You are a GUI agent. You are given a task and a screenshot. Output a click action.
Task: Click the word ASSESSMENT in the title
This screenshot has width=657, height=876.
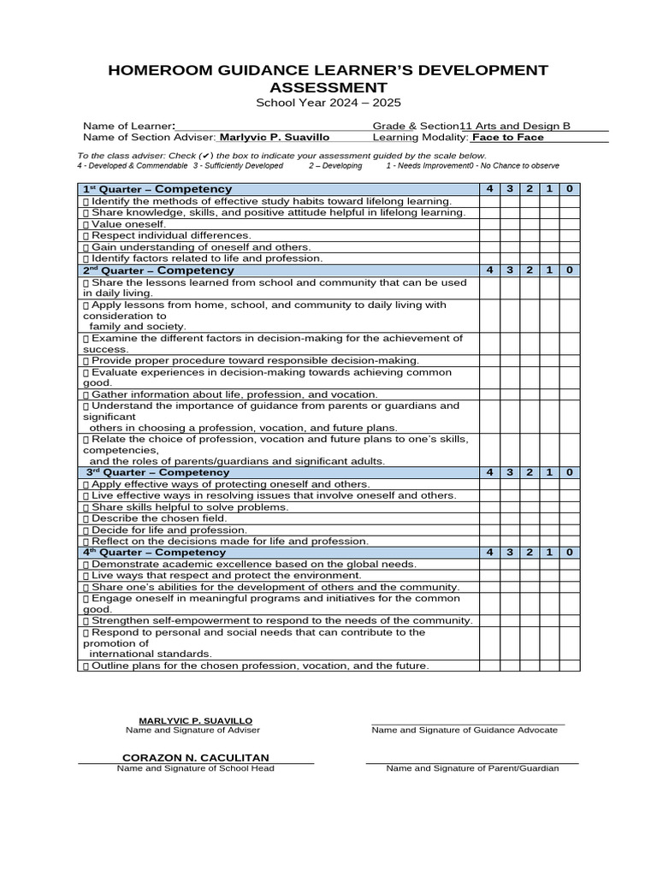pos(328,87)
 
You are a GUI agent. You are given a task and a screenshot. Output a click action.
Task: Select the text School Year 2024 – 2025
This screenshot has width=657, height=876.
pos(328,103)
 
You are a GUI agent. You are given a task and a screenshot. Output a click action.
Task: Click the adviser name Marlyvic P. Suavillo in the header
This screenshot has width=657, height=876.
pos(275,137)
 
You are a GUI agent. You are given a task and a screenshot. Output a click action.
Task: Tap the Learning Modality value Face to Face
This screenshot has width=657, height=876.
pos(508,137)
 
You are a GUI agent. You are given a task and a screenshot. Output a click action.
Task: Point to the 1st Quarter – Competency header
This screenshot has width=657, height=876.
pos(157,189)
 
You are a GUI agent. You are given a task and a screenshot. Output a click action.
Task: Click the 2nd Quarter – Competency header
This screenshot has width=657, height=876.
pos(157,270)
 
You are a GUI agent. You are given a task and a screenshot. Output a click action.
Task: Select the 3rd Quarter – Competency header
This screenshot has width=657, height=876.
pos(157,472)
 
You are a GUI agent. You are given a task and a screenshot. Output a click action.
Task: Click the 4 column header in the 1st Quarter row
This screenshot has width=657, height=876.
pos(489,189)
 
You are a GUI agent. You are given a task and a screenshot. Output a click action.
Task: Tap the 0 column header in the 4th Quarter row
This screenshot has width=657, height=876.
pos(569,553)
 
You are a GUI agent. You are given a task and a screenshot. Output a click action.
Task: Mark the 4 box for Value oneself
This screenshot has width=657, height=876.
pos(489,224)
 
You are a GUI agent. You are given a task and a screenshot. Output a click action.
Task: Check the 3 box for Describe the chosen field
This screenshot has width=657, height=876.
pos(510,518)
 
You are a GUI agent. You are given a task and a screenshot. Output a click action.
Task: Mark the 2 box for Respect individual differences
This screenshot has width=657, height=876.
pos(530,235)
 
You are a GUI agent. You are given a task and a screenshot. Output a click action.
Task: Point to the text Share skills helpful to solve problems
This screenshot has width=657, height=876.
pos(185,507)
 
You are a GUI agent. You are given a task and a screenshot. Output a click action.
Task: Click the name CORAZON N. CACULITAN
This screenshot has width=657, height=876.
pos(196,758)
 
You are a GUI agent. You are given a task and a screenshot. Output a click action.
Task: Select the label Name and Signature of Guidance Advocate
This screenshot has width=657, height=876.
pos(465,731)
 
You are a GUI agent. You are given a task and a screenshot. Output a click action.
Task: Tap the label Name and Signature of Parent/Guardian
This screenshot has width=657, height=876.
pos(472,768)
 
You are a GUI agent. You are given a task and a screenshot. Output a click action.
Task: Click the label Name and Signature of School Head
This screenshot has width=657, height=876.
pos(196,768)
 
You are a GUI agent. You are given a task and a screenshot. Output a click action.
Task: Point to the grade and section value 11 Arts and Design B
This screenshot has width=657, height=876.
pos(515,126)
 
